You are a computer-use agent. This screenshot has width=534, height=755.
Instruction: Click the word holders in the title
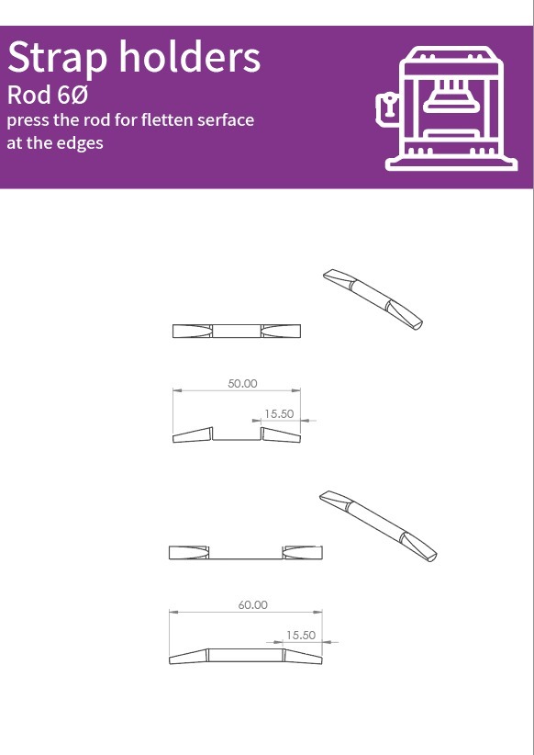[190, 56]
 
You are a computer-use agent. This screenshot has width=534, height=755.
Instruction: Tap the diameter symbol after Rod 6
[81, 95]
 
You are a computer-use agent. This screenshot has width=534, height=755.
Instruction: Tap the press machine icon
[447, 107]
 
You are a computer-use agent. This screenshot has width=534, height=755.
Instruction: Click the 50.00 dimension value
[242, 383]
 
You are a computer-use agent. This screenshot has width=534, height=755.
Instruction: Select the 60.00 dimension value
[253, 604]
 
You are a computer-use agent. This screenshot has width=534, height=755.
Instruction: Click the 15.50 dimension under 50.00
[279, 413]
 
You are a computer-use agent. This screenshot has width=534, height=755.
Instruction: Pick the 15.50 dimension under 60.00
[301, 635]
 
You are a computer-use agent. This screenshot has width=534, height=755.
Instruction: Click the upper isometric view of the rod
[373, 299]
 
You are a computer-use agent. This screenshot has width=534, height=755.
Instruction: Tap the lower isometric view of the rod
[378, 526]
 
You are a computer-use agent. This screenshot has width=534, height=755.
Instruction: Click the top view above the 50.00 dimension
[237, 332]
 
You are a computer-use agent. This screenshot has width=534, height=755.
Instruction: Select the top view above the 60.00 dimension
[245, 553]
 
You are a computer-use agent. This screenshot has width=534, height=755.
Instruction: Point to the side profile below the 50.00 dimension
[237, 434]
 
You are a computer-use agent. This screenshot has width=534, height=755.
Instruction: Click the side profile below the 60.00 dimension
[245, 656]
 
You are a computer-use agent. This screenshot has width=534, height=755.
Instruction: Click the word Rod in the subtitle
[29, 95]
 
